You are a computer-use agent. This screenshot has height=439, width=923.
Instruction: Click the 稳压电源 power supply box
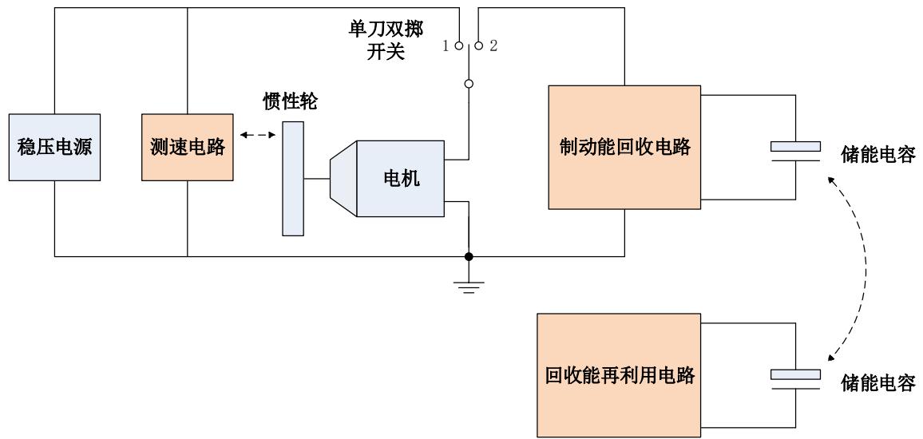click(54, 148)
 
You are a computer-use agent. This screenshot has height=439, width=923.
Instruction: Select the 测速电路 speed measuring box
click(187, 148)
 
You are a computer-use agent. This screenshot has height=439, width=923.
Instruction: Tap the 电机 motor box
click(400, 179)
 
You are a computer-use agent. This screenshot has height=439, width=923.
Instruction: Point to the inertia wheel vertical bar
click(293, 178)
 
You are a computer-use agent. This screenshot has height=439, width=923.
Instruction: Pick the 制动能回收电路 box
click(624, 148)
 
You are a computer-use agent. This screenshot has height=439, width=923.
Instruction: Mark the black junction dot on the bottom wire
click(469, 256)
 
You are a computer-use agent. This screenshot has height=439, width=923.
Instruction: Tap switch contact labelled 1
click(458, 46)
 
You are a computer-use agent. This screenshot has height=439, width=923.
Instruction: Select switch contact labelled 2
click(478, 46)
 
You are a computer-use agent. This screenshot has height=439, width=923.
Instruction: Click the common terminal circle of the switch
click(469, 83)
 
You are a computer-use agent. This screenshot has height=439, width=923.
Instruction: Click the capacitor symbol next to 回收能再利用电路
click(795, 379)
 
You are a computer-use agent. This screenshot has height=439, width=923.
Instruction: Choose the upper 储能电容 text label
click(877, 156)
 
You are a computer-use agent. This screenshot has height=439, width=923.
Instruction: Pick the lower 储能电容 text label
click(877, 384)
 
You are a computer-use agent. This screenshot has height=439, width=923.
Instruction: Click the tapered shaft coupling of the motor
click(343, 179)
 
